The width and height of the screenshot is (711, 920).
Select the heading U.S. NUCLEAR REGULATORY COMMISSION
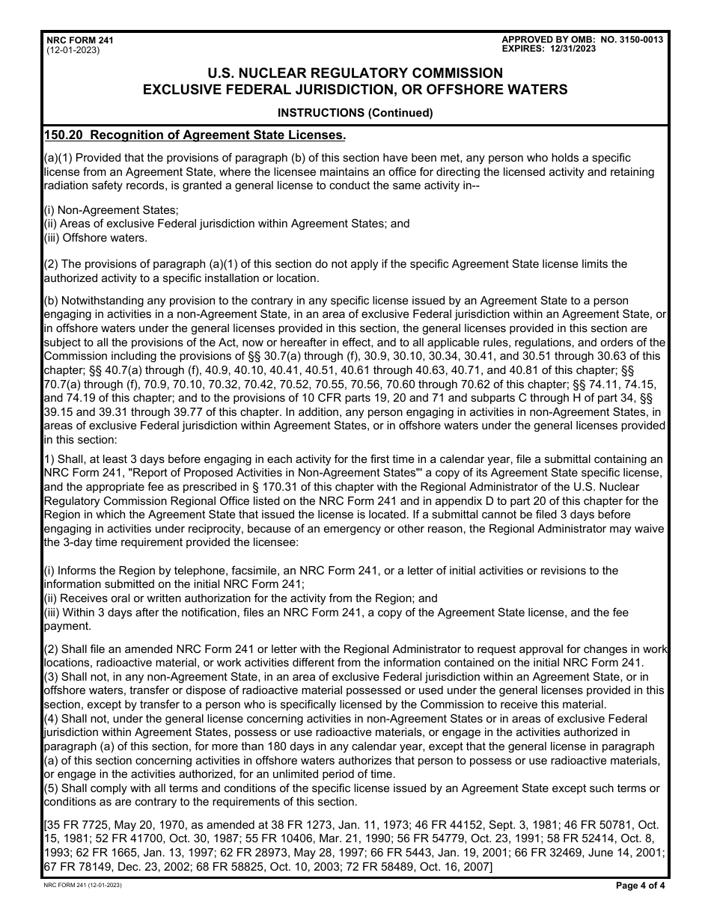pyautogui.click(x=355, y=73)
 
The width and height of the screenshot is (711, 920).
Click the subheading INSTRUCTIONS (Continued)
pyautogui.click(x=355, y=114)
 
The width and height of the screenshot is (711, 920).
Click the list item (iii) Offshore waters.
pyautogui.click(x=95, y=238)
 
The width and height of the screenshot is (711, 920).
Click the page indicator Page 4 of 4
pyautogui.click(x=640, y=885)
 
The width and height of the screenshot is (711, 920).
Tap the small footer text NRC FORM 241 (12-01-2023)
pyautogui.click(x=83, y=885)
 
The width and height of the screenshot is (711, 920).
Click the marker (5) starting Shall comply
pyautogui.click(x=51, y=788)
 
